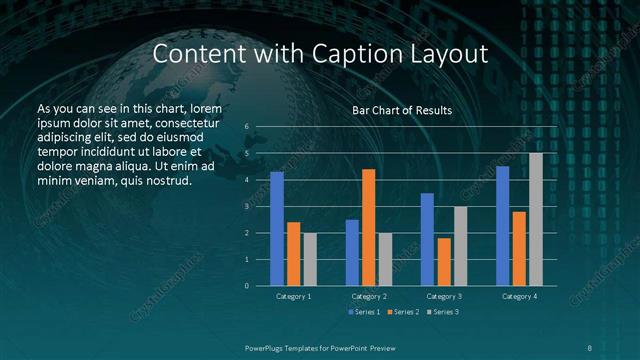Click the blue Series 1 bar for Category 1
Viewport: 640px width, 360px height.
tap(277, 229)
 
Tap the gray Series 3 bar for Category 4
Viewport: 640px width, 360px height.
tap(536, 219)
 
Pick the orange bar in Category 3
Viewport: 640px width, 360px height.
tap(444, 262)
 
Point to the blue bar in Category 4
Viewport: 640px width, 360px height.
tap(502, 226)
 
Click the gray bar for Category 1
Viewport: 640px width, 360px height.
tap(310, 259)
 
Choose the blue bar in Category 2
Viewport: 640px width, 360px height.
tap(352, 253)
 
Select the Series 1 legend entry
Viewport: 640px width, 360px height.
tap(362, 313)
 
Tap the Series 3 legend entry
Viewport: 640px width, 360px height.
tap(443, 313)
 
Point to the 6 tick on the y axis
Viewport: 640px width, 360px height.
tap(246, 127)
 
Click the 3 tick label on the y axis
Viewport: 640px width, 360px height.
tap(246, 206)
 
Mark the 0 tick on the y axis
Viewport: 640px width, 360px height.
tap(246, 286)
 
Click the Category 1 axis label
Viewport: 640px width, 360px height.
tap(294, 297)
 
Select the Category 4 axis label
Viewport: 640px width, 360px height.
tap(519, 297)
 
